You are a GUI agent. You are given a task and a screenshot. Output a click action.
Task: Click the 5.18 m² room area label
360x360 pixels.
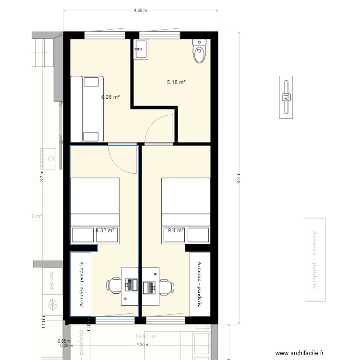click(x=176, y=82)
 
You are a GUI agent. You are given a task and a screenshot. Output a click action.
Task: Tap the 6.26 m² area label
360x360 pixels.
click(x=110, y=96)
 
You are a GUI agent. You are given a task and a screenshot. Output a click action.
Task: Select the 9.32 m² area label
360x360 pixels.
click(x=105, y=230)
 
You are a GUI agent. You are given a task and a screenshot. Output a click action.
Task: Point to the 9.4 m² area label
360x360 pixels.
click(x=176, y=230)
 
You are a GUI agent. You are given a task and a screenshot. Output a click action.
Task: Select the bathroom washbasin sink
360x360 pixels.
click(x=141, y=49)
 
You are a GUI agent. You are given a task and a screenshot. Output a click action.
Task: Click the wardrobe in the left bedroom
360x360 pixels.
click(x=81, y=284)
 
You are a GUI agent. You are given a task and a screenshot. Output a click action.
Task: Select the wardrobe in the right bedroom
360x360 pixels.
click(x=200, y=284)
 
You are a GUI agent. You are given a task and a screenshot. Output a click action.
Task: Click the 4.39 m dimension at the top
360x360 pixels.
click(x=140, y=10)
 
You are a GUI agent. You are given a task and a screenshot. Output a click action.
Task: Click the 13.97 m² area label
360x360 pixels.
click(x=146, y=337)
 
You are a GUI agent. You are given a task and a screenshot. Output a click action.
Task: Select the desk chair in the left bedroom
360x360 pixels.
click(x=114, y=285)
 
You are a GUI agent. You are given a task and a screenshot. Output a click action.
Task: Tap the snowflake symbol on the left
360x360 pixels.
click(x=53, y=304)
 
